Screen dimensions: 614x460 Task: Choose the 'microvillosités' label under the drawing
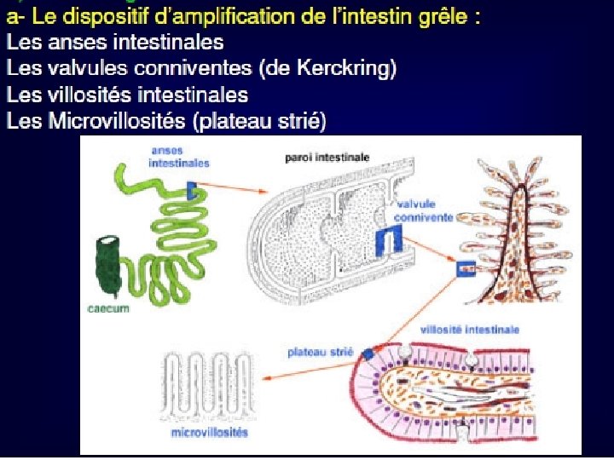point(210,433)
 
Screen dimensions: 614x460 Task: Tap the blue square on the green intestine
point(191,190)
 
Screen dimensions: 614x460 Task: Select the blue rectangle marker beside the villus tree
point(467,268)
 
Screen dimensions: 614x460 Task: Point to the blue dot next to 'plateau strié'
point(368,353)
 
